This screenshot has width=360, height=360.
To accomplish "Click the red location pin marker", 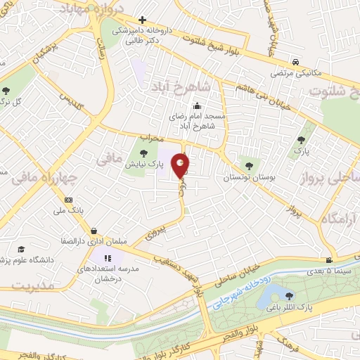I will click(181, 165).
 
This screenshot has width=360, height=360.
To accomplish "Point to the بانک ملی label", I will click(73, 210).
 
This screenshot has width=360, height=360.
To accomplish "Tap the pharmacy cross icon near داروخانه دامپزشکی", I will click(142, 20).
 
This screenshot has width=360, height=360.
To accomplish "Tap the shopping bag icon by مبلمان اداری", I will click(94, 231).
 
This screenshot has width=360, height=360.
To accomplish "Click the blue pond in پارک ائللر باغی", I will click(270, 295).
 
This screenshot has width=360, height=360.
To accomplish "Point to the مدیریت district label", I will click(34, 285).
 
